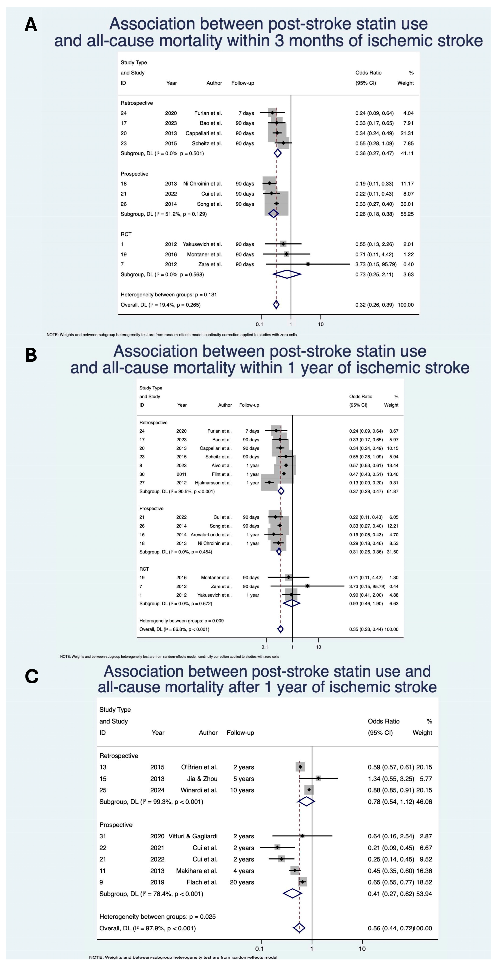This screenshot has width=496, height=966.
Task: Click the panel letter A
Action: click(x=31, y=25)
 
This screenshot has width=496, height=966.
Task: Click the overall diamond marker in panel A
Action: click(x=276, y=305)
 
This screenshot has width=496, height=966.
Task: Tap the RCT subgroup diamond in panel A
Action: click(x=287, y=274)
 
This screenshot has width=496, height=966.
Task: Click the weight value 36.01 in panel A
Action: click(x=407, y=204)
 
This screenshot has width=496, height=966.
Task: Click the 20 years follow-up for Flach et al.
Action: click(x=242, y=882)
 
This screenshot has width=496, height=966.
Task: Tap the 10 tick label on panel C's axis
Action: click(x=362, y=948)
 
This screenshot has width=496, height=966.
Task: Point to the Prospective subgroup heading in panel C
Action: click(x=116, y=825)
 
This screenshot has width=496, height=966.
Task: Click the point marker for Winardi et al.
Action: click(x=309, y=790)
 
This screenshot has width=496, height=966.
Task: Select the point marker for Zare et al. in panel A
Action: click(x=308, y=264)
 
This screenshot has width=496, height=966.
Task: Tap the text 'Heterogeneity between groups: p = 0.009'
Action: click(x=181, y=621)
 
